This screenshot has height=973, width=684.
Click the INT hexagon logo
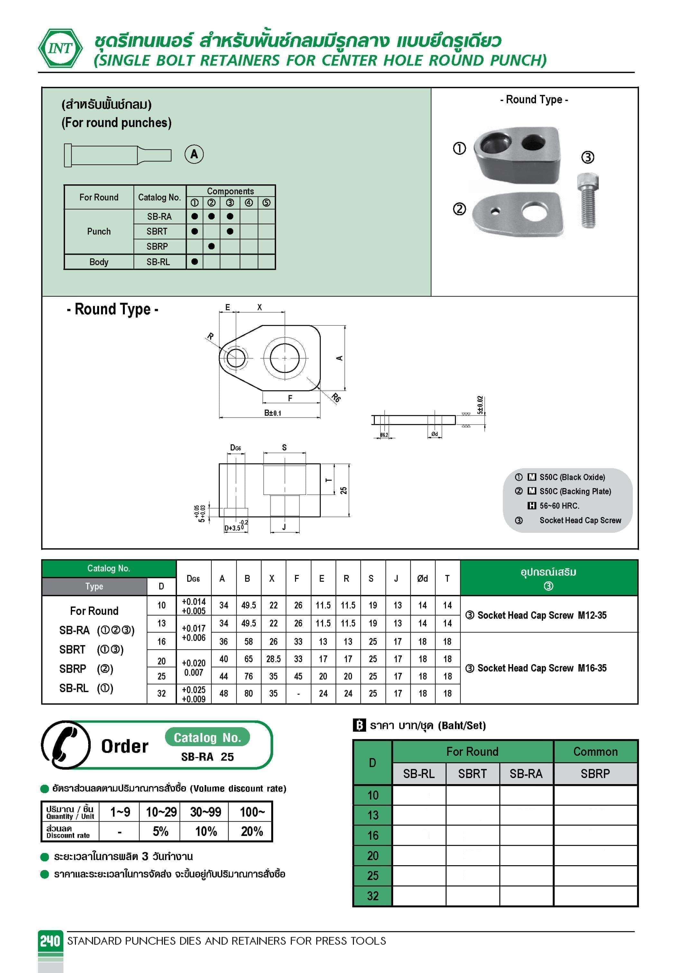point(60,48)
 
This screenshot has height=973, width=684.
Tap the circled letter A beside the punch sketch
point(194,154)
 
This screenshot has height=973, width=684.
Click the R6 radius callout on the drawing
point(336,397)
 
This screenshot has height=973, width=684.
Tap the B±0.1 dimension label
point(273,413)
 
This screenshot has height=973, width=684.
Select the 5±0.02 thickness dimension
point(480,405)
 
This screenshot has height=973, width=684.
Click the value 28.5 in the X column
point(273,659)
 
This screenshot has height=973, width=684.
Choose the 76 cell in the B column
point(248,676)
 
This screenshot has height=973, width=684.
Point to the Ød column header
point(422,579)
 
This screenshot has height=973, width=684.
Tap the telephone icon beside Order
point(66,746)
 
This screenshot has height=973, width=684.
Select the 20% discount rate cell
point(252,831)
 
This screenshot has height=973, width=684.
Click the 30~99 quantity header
point(206,812)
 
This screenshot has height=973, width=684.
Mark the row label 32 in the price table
point(373,896)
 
